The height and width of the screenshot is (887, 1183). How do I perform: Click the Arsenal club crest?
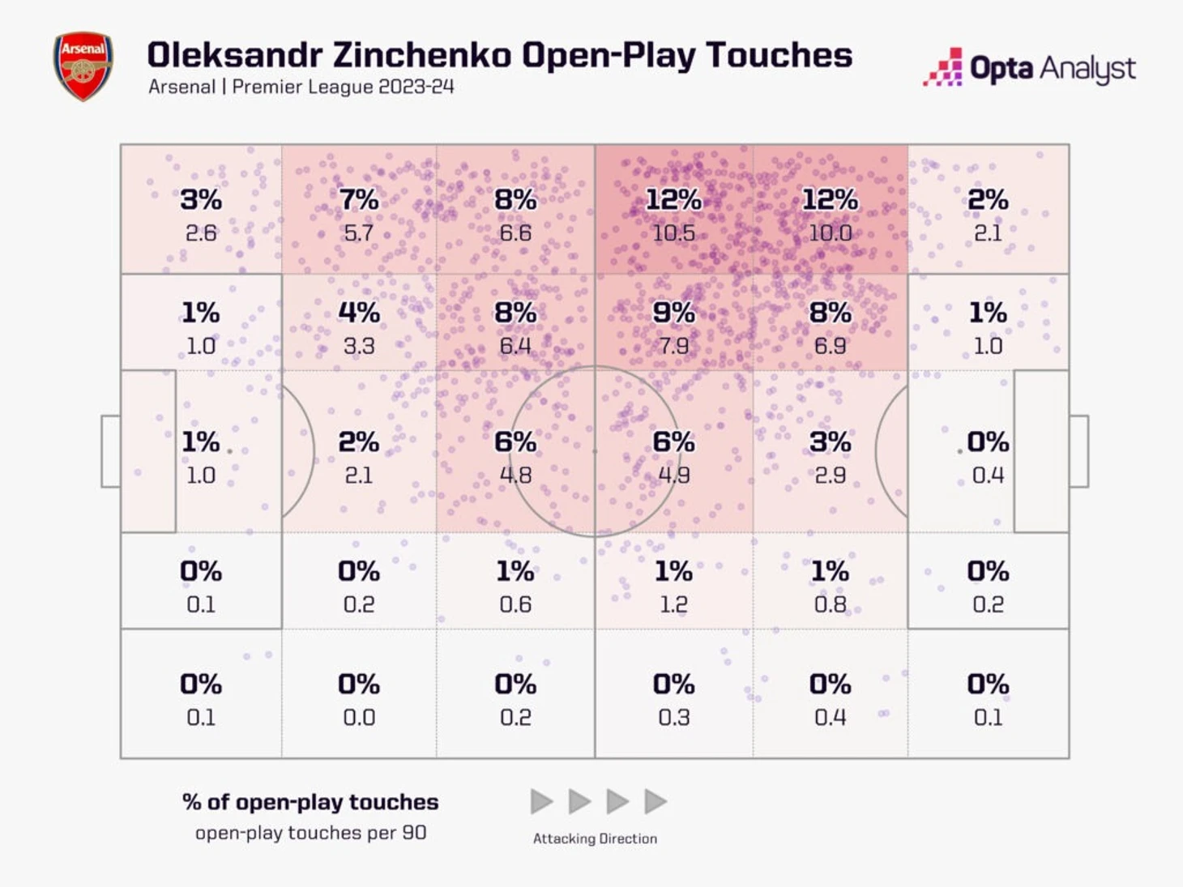pos(83,66)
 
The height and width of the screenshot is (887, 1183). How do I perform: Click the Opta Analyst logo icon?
pos(944,68)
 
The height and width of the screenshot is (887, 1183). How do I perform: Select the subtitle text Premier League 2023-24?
pos(343,87)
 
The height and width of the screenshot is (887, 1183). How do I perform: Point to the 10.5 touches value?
pos(673,233)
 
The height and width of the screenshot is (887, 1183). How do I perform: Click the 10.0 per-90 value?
pos(830,233)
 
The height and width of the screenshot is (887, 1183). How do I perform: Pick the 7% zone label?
pos(358,199)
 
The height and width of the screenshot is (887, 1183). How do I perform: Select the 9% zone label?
pos(673,313)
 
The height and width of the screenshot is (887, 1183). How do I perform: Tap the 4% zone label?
pos(358,313)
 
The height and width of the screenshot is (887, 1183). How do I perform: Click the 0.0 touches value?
pos(358,717)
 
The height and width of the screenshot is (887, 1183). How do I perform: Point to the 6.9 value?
pos(830,346)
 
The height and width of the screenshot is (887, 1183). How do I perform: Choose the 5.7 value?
pos(358,233)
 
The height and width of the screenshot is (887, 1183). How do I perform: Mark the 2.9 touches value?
pos(830,475)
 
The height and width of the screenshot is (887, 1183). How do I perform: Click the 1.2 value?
pos(673,604)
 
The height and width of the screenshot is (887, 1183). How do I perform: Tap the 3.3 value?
pos(358,346)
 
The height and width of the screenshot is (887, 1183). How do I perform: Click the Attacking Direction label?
pos(595,838)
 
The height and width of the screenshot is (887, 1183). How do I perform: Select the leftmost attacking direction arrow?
pos(541,802)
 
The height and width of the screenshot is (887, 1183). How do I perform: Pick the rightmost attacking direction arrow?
pos(655,802)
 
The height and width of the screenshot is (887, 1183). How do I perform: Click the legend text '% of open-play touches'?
pos(310,802)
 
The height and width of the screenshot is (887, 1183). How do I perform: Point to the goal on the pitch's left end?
pos(110,451)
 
